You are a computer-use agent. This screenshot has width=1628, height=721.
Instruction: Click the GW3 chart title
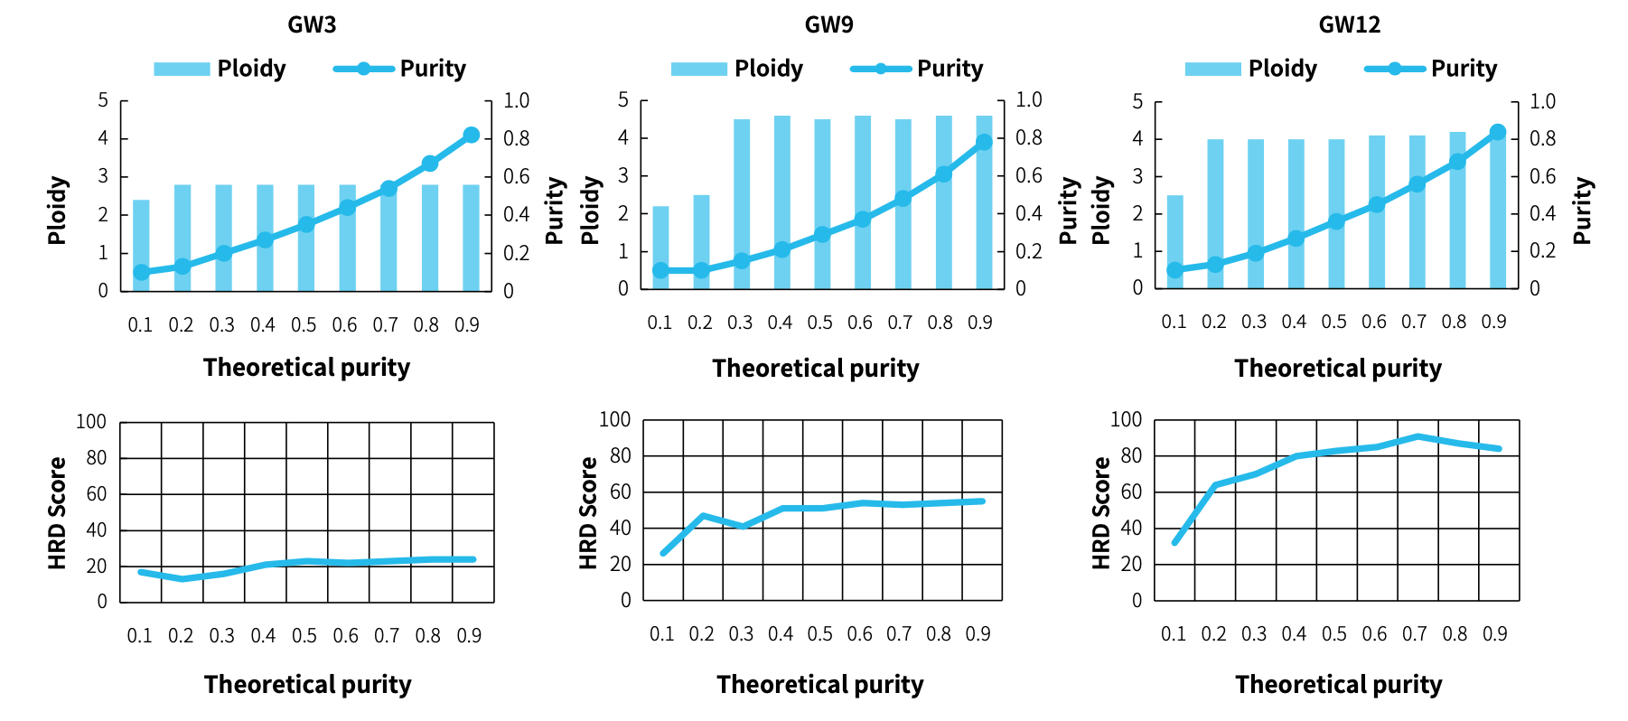(312, 24)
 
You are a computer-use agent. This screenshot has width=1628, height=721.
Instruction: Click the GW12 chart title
(1349, 24)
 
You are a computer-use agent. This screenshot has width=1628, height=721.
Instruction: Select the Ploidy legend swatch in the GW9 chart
(698, 69)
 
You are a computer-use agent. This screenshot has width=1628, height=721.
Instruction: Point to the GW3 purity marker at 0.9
(471, 136)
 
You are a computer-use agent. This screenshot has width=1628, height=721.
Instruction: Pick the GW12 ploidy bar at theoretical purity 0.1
(1174, 242)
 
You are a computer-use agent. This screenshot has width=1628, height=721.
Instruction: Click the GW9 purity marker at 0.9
(984, 142)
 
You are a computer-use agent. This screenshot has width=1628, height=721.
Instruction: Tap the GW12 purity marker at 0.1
(1174, 270)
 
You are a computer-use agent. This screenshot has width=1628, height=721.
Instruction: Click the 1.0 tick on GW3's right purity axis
(516, 100)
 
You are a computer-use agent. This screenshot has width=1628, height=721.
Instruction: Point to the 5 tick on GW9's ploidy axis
(623, 99)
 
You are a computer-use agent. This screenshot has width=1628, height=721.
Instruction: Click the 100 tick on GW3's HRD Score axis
(91, 422)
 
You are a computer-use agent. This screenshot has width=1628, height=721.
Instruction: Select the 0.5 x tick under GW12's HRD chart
(1333, 634)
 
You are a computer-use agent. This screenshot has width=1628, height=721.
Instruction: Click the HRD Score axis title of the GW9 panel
(589, 512)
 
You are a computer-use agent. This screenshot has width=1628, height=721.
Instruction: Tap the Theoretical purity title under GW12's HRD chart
(1338, 685)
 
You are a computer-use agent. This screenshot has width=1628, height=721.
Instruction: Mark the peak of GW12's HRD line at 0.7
(1416, 436)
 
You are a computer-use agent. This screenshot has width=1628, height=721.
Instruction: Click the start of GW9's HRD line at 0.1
(663, 553)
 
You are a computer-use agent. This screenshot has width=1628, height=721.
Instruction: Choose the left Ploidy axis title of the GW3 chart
(58, 211)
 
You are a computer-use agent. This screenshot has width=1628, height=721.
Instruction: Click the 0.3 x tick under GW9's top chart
(740, 323)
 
